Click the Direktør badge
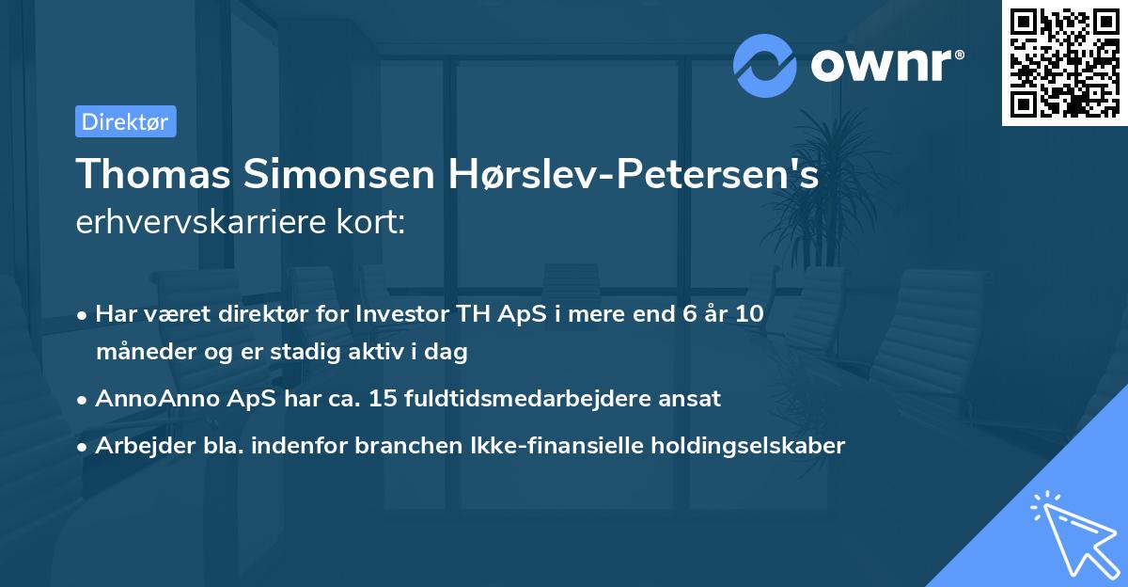click(x=125, y=121)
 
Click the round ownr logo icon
click(x=765, y=66)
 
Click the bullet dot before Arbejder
click(x=84, y=447)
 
